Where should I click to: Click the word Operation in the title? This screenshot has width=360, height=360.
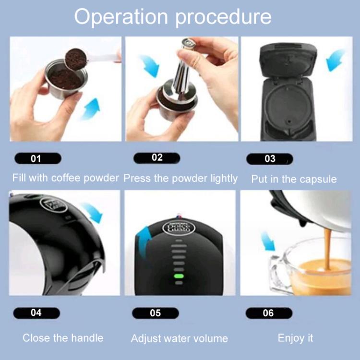[121, 17]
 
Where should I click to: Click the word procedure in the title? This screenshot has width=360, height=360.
[223, 18]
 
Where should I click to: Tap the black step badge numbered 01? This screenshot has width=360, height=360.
[36, 158]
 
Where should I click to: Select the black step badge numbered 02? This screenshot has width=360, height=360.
[156, 158]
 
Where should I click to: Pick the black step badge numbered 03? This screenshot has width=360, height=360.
[270, 158]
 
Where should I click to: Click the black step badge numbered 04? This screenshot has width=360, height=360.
[36, 313]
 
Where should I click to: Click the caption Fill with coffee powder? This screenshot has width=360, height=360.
[65, 178]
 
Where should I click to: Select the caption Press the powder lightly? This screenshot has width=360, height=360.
[180, 178]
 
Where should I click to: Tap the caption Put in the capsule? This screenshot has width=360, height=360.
[294, 180]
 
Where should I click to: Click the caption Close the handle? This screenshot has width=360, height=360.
[63, 338]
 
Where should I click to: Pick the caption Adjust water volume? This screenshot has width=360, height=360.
[180, 338]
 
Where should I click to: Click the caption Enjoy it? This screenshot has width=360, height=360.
[295, 338]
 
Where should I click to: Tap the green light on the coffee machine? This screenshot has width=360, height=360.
[179, 276]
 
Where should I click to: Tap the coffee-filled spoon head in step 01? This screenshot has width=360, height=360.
[76, 58]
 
